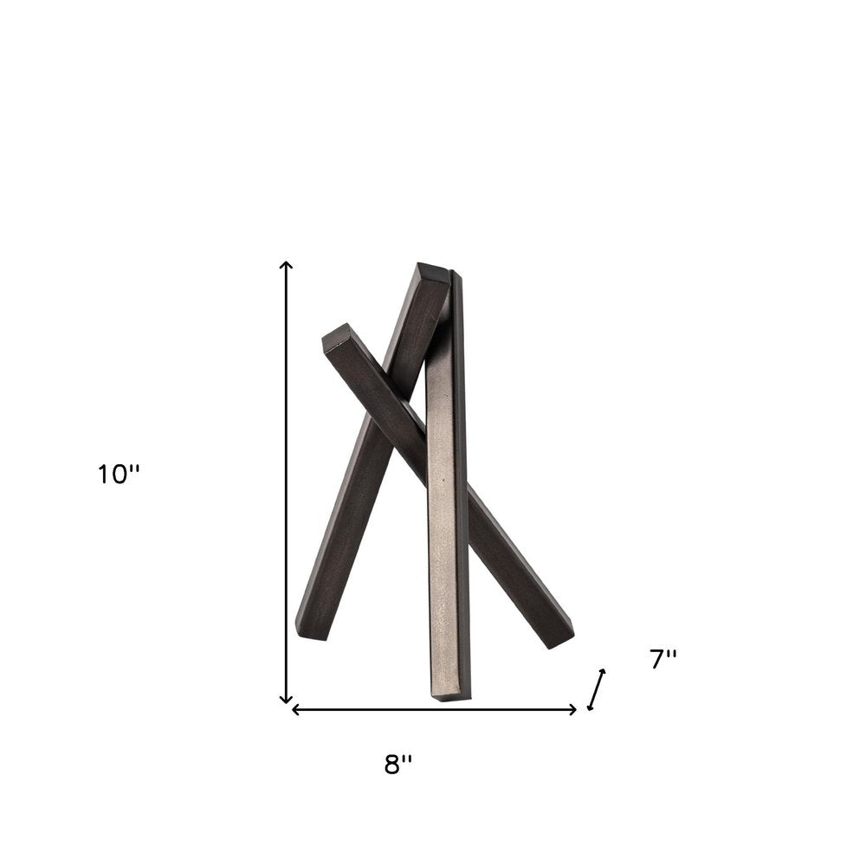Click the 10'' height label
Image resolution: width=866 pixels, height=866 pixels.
coord(118,475)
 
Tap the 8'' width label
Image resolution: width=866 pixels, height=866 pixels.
coord(398,765)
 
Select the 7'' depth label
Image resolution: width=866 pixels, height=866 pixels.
coord(662,659)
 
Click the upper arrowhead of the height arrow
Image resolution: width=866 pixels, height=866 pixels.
coord(287,264)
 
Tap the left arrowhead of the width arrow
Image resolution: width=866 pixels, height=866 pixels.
coord(295,709)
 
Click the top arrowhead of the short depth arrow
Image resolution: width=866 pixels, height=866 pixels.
coord(602,672)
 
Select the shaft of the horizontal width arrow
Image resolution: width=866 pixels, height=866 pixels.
coord(433,709)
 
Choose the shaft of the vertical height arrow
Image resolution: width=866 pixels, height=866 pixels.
coord(287,485)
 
